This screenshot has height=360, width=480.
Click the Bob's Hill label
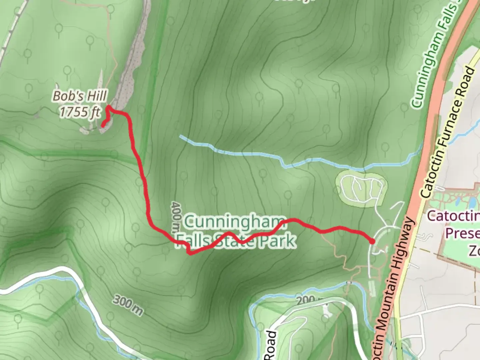coord(80,96)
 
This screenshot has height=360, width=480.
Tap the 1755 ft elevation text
coord(80,112)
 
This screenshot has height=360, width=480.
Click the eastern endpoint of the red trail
coord(372,241)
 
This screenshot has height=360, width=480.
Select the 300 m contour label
coord(128,305)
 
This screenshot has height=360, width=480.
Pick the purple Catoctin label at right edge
coord(453,216)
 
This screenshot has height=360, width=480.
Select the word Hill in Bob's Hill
coord(96,96)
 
